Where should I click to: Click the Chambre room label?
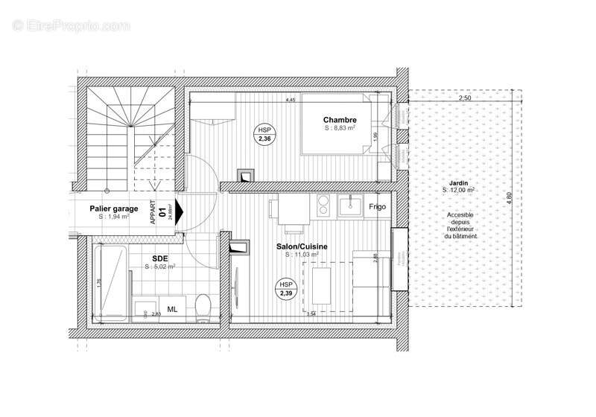[339, 120]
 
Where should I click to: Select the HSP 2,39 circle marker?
[286, 289]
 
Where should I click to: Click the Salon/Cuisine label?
[301, 246]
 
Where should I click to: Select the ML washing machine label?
[172, 308]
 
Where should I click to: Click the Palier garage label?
[113, 209]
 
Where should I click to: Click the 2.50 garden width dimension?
[465, 98]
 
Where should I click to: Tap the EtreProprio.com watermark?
[72, 25]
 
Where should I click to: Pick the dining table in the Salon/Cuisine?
[321, 287]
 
